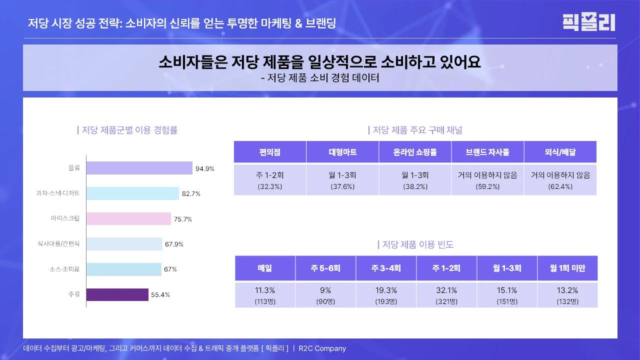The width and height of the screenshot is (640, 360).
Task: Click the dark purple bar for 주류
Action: tap(117, 294)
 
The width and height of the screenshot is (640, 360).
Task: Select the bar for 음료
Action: tap(139, 168)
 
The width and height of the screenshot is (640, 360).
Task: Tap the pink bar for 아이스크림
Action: tap(128, 219)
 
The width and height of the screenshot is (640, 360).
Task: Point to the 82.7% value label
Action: tap(191, 193)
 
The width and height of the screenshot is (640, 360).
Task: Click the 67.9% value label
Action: tap(174, 244)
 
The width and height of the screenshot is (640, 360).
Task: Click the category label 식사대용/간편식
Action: tap(58, 244)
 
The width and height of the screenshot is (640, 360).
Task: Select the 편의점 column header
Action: tap(270, 152)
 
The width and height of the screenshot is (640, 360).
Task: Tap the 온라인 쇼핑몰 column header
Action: tap(415, 152)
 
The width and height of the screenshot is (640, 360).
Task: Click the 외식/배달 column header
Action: tap(560, 152)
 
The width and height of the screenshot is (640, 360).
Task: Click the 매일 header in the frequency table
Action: tap(265, 268)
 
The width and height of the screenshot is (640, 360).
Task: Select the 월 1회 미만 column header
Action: tap(567, 268)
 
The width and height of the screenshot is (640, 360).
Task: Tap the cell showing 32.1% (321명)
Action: tap(446, 295)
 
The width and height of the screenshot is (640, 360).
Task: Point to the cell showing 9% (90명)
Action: tap(325, 295)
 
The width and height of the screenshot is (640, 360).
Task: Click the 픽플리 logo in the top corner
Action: tap(588, 22)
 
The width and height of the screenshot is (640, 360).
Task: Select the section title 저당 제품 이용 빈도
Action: tap(415, 244)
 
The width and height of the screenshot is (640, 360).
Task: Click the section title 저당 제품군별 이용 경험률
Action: tap(127, 130)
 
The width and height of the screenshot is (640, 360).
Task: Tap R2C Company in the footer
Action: tap(322, 348)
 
